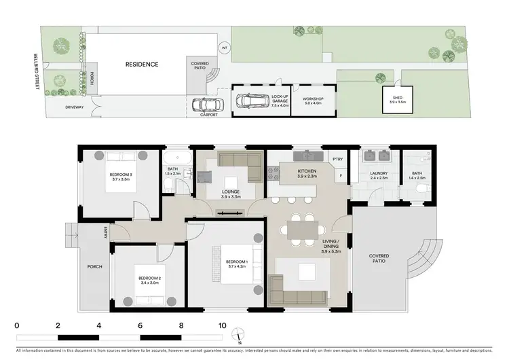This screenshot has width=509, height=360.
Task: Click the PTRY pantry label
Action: (338, 159)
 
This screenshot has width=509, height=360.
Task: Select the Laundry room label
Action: (379, 173)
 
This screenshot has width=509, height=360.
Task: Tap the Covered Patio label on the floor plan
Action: (379, 259)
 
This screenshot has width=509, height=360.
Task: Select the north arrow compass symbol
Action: (238, 334)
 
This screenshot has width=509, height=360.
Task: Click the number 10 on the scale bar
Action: (222, 325)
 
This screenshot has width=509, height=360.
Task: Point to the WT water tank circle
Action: (225, 49)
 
